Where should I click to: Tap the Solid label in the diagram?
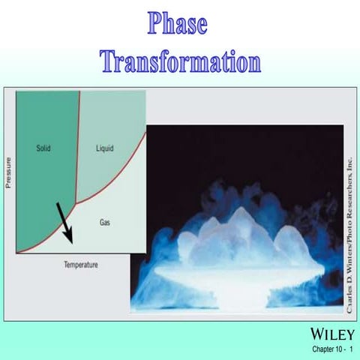43,148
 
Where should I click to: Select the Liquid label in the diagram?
105,148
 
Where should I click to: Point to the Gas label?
105,223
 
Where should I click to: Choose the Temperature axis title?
80,264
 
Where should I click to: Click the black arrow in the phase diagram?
64,223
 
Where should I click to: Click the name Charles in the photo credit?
349,297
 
